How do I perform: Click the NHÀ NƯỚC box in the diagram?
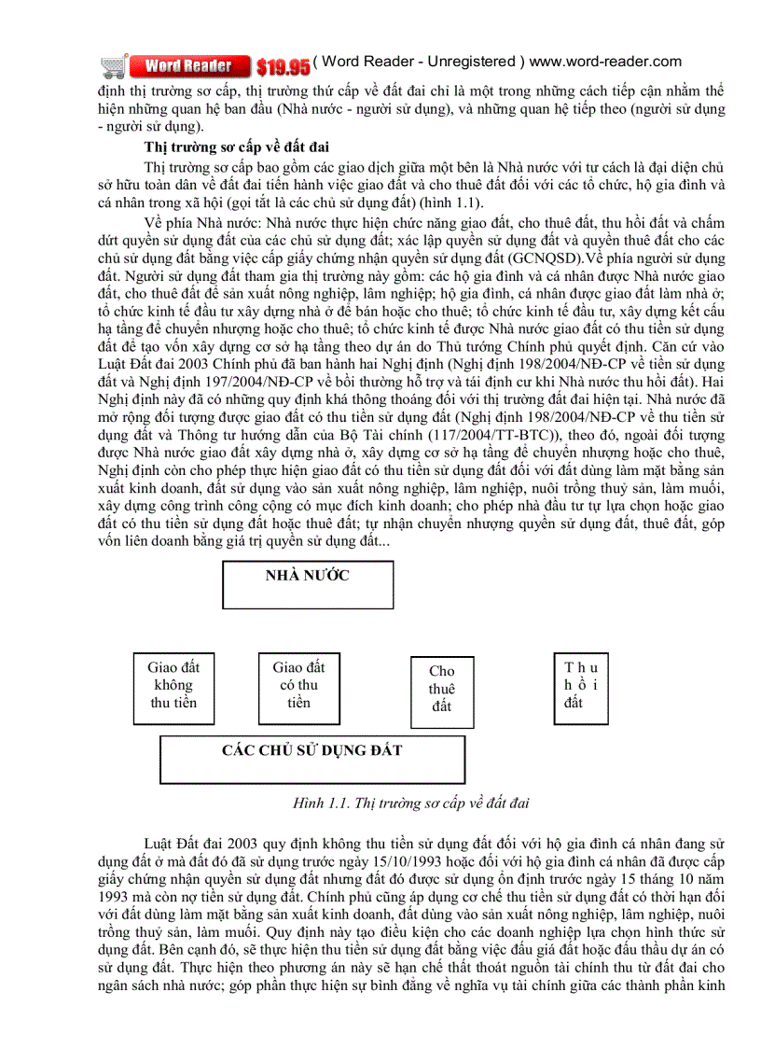coord(307,584)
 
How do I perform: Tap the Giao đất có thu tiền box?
coord(298,685)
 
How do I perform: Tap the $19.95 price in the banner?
coord(283,66)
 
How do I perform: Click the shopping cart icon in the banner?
coord(115,65)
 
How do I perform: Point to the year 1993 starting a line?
coord(113,893)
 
